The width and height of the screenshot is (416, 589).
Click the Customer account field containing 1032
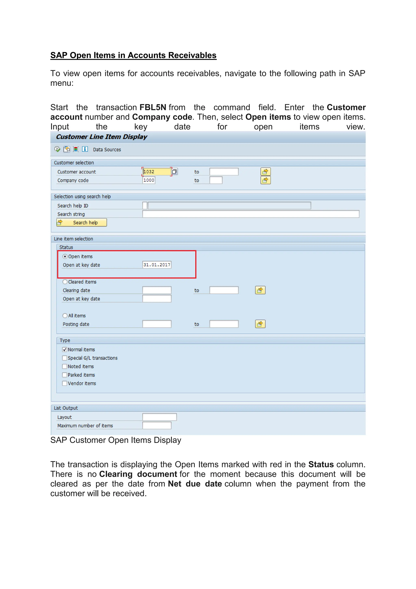pyautogui.click(x=157, y=172)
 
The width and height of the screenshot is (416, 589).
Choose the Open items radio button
pyautogui.click(x=65, y=256)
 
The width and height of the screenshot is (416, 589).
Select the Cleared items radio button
pyautogui.click(x=65, y=282)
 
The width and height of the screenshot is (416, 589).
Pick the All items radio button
pyautogui.click(x=65, y=315)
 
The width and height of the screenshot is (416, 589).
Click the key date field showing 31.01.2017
pyautogui.click(x=157, y=265)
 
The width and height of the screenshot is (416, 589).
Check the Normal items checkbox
pyautogui.click(x=65, y=349)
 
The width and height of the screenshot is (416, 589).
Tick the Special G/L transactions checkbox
pyautogui.click(x=65, y=358)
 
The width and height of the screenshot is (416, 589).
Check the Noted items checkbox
pyautogui.click(x=65, y=366)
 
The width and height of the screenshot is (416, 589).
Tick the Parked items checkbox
pyautogui.click(x=65, y=375)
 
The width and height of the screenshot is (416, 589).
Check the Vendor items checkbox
pyautogui.click(x=65, y=383)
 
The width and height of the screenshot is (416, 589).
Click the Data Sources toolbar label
pyautogui.click(x=107, y=149)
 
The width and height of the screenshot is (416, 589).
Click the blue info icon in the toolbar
pyautogui.click(x=85, y=149)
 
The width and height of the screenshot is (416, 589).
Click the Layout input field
pyautogui.click(x=159, y=417)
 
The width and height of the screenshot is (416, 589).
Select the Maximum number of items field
pyautogui.click(x=157, y=425)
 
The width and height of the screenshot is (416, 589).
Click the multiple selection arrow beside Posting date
pyautogui.click(x=260, y=324)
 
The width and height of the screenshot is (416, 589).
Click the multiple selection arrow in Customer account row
pyautogui.click(x=265, y=172)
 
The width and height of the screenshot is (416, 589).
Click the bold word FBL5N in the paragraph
pyautogui.click(x=153, y=107)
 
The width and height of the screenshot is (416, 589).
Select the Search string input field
pyautogui.click(x=250, y=214)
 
